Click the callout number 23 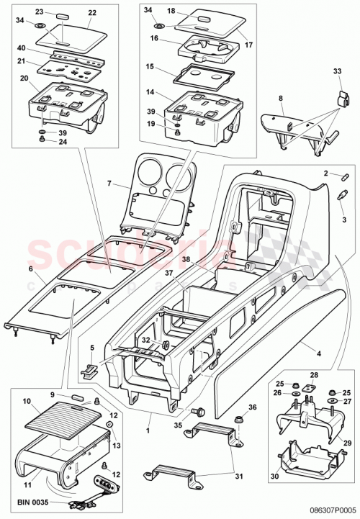(x=39, y=13)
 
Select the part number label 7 (x=109, y=185)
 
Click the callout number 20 (x=24, y=78)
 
